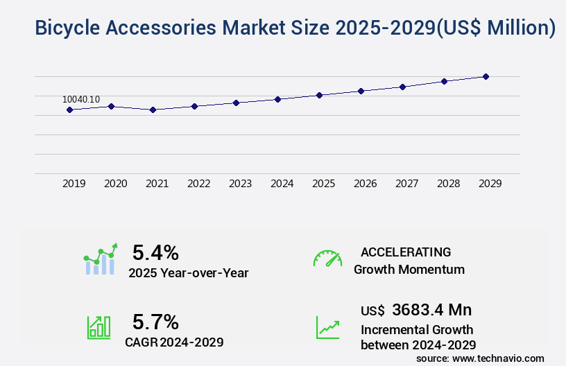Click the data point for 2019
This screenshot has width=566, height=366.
69,110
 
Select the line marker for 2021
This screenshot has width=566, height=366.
153,110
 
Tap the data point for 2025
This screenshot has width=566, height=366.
319,95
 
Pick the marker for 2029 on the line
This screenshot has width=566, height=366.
486,76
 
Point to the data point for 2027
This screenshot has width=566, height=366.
402,87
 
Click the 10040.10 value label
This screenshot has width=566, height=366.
81,99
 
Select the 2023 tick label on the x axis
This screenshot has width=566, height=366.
240,184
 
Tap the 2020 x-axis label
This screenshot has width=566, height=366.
115,184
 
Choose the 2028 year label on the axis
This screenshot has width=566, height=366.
448,184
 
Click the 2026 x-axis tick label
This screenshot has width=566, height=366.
365,184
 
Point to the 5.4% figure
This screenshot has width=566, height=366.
155,252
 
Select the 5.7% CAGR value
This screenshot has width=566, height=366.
155,322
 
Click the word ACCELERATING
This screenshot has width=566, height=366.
406,252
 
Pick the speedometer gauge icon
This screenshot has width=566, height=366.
327,259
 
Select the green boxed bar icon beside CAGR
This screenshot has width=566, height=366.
98,327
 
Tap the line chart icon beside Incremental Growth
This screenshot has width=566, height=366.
327,327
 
